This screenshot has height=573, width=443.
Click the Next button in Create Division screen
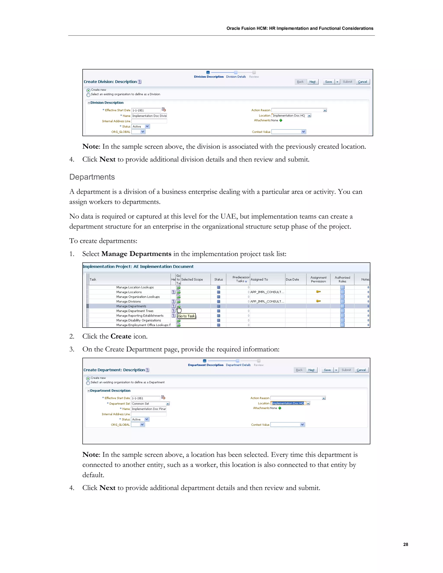click(x=312, y=82)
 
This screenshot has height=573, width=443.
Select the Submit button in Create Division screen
click(x=347, y=82)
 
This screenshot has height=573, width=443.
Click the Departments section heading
click(x=92, y=177)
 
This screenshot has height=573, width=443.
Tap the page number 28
click(x=406, y=544)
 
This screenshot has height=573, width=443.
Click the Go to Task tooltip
click(x=187, y=316)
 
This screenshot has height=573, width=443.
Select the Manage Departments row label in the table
click(x=131, y=306)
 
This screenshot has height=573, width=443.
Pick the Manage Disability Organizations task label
click(x=139, y=320)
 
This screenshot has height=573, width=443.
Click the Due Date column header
click(x=292, y=279)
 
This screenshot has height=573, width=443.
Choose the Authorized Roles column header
click(x=342, y=279)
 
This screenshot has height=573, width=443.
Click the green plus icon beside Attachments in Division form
click(x=281, y=120)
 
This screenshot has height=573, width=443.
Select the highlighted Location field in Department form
click(x=288, y=403)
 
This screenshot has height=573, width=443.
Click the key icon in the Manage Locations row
click(x=318, y=292)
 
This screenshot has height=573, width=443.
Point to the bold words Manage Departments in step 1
click(x=136, y=254)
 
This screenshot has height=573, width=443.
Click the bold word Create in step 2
click(x=121, y=336)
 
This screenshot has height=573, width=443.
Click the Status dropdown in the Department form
click(x=140, y=419)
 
